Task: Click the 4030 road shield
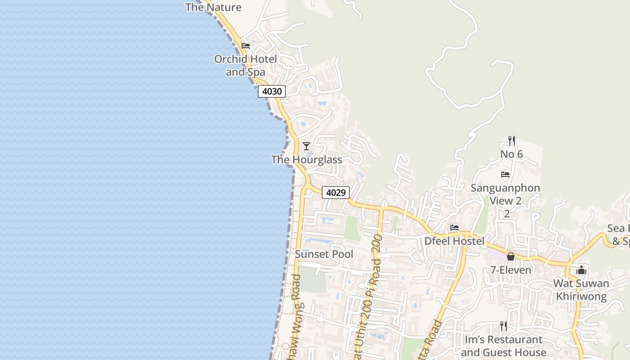point(272,91)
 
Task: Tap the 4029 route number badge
point(336,193)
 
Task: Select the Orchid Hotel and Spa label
point(245,66)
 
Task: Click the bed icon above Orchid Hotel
point(246,46)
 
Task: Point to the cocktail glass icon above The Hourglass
point(306,146)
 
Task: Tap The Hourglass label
point(306,160)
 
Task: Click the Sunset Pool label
point(324,254)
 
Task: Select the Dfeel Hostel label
point(454,241)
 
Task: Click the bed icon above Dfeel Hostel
point(454,228)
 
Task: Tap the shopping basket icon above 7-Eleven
point(511,257)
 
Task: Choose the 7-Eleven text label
point(511,270)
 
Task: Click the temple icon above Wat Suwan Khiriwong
point(581,270)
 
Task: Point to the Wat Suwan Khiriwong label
point(581,290)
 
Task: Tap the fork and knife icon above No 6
point(511,140)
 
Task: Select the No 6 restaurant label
point(511,154)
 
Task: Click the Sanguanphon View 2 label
point(505,194)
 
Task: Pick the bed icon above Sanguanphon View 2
point(505,175)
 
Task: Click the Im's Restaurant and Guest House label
point(503,346)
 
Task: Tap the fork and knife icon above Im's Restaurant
point(504,326)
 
